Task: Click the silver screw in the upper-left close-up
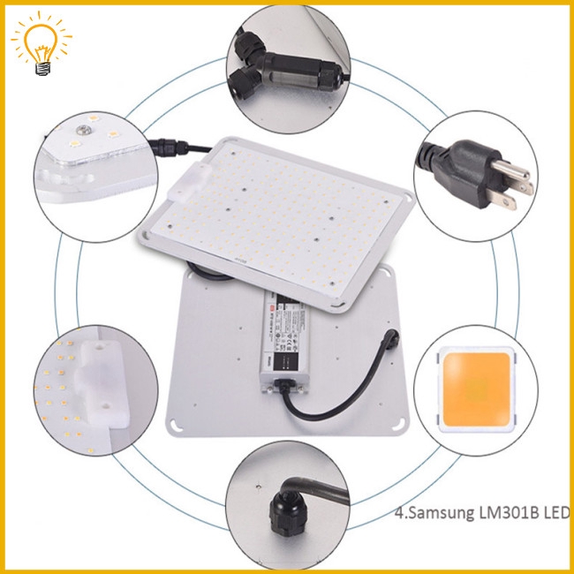click(x=82, y=130)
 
